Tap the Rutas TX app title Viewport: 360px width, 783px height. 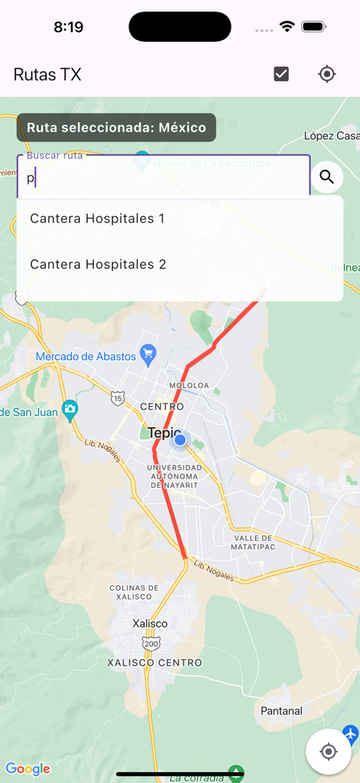pos(47,74)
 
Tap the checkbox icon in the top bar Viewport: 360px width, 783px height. pos(281,74)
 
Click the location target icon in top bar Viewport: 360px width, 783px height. pos(327,74)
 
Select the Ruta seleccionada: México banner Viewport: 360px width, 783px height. pos(117,128)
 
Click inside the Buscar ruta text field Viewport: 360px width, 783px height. pos(163,178)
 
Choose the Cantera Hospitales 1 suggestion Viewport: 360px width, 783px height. pos(97,219)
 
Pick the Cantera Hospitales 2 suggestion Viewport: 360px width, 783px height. pos(98,265)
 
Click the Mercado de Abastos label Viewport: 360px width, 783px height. pos(86,356)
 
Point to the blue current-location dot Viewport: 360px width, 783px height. pos(180,440)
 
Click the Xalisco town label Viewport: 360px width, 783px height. pos(150,623)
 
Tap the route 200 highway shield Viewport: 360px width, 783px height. pos(151,644)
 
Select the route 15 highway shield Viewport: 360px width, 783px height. pos(117,398)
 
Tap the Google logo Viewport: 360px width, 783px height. pos(28,768)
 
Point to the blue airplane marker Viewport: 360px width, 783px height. pos(351,734)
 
